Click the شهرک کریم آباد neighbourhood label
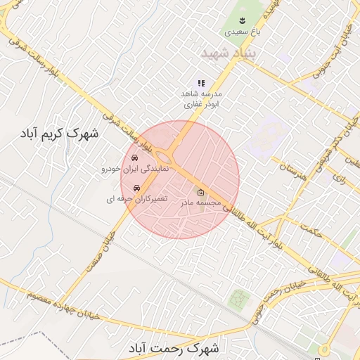[x=60, y=133]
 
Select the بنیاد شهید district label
[x=230, y=53]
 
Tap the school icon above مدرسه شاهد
[x=202, y=83]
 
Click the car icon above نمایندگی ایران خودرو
[x=134, y=158]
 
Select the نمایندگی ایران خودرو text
[x=133, y=169]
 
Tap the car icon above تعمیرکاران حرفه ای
[x=136, y=188]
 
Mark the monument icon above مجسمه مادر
[x=200, y=192]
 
